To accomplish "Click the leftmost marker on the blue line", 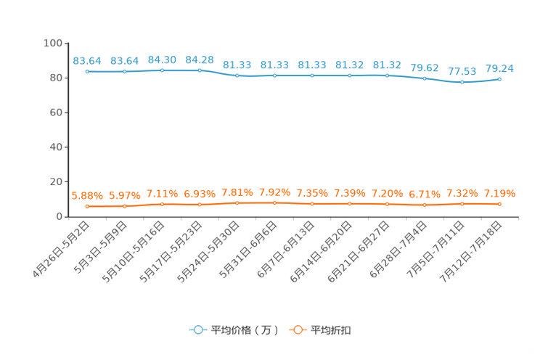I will point(87,72).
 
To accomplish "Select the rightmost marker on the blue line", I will point(499,78).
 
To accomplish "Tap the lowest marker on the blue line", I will point(462,81).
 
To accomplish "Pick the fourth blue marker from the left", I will point(200,70).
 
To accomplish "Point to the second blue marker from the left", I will point(125,72).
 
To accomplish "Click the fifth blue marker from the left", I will point(237,75).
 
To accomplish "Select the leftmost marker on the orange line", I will point(87,207).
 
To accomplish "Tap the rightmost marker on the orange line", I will point(499,204).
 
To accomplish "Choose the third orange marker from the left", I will point(163,204).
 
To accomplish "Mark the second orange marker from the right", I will point(462,204).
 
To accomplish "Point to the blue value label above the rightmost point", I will point(499,68).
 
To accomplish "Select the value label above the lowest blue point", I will point(462,71).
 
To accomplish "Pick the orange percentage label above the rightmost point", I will point(499,194).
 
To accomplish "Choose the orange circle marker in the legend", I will point(298,330).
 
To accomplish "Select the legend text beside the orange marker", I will point(331,330).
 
